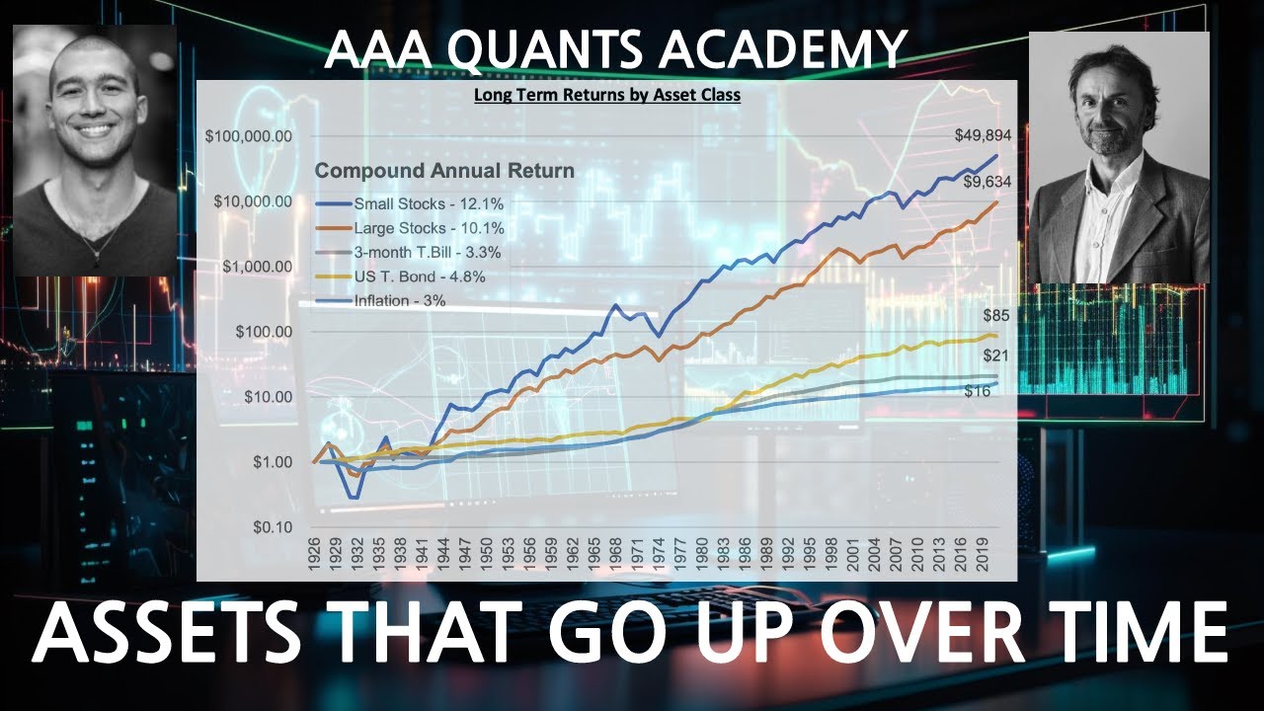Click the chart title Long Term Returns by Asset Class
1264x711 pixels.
tap(606, 96)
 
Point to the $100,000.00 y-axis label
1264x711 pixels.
tap(248, 136)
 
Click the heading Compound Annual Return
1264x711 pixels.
tap(444, 171)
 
